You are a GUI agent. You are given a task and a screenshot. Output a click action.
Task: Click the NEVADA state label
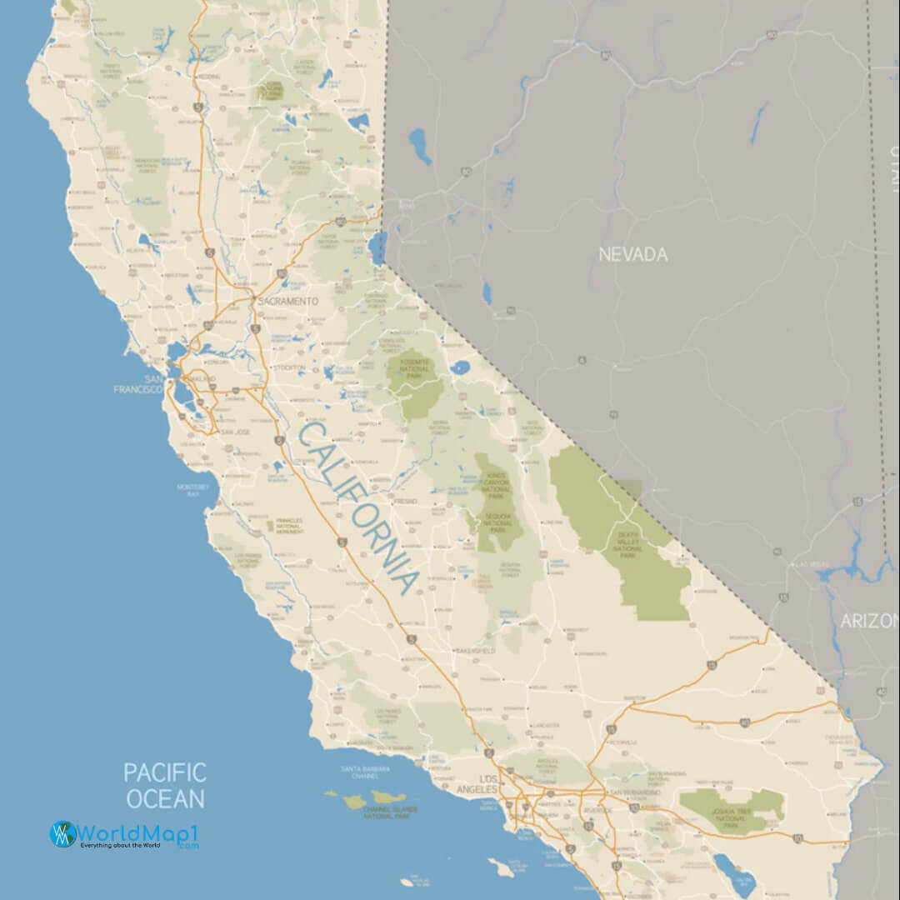pos(633,254)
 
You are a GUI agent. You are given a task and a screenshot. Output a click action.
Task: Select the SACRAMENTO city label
pos(289,300)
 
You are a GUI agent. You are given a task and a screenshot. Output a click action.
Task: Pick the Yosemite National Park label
pos(413,367)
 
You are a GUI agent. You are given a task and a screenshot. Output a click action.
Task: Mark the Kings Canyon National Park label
pos(497,485)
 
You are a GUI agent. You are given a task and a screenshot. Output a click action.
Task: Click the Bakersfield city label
pos(475,649)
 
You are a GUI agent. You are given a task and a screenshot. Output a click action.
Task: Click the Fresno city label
pos(406,502)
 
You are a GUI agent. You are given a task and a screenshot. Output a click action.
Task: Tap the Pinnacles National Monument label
pos(287,525)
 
